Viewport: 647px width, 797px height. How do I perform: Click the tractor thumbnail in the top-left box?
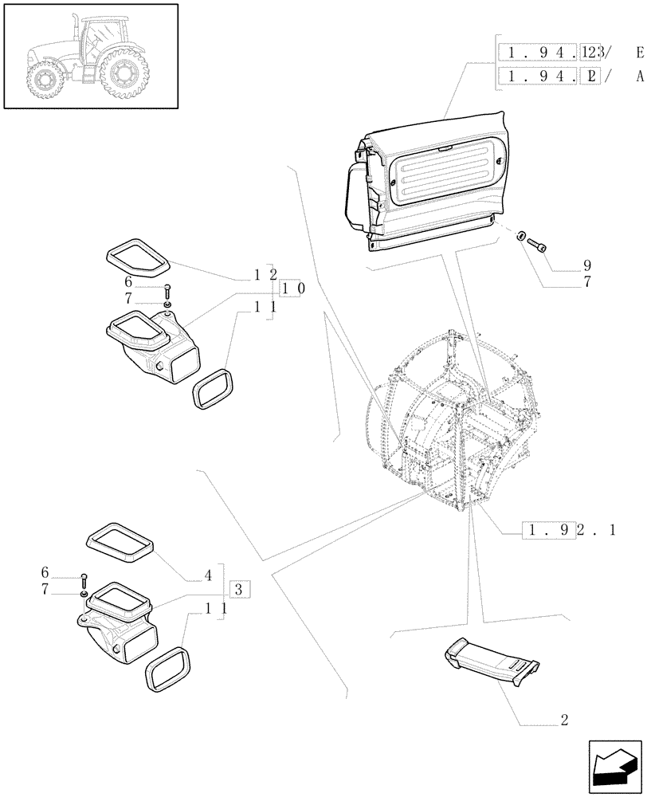(90, 55)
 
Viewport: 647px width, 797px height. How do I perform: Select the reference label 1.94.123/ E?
(571, 53)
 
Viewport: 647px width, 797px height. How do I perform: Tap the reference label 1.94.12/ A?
(571, 77)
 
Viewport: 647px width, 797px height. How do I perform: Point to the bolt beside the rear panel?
(536, 244)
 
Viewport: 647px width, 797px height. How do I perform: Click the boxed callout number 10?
(289, 289)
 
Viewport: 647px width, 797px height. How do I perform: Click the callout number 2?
(564, 720)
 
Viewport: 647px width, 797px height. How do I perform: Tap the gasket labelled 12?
(136, 253)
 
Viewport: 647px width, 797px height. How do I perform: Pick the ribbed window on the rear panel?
(447, 180)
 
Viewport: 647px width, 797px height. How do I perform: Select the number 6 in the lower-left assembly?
(45, 573)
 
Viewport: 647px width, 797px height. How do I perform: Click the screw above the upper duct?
(168, 290)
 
